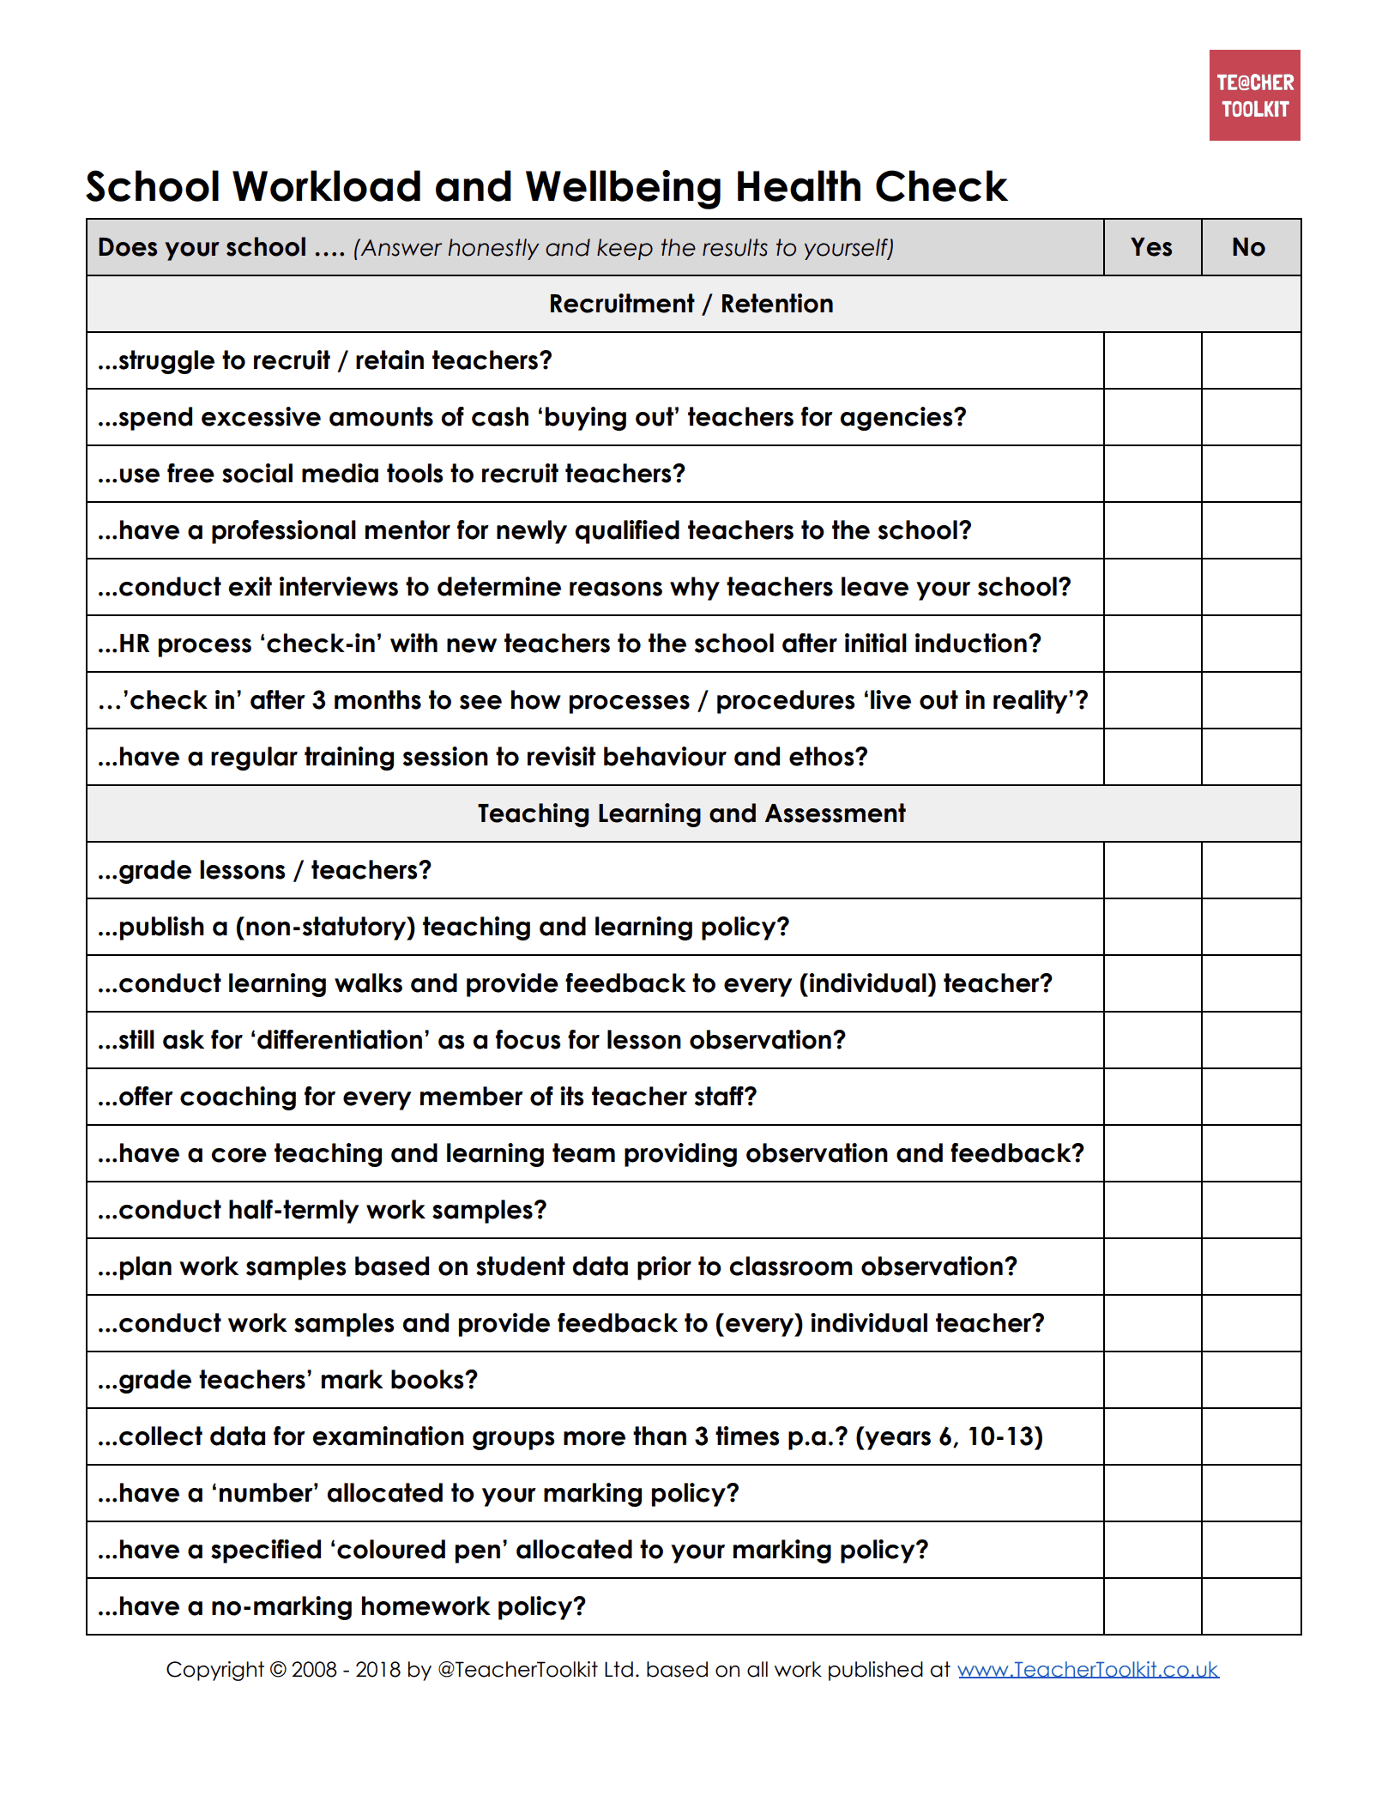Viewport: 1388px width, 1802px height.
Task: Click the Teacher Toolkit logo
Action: click(1254, 95)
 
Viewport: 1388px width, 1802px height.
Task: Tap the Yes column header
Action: click(1151, 247)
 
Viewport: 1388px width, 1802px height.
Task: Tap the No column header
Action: click(1249, 247)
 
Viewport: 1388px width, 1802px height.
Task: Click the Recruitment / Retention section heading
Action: click(691, 304)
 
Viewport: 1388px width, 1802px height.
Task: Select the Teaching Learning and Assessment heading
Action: click(691, 813)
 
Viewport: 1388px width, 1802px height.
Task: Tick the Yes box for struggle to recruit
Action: click(1152, 360)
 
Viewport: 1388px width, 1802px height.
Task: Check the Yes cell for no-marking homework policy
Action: click(1152, 1606)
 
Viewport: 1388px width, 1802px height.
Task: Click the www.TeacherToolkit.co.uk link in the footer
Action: click(1088, 1669)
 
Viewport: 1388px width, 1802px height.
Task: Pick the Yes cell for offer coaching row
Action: click(1152, 1097)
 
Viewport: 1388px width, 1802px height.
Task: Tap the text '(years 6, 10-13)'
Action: click(949, 1436)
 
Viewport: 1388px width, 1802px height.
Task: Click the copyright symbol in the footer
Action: click(278, 1670)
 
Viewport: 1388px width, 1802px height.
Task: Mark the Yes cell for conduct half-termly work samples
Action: click(1152, 1210)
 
